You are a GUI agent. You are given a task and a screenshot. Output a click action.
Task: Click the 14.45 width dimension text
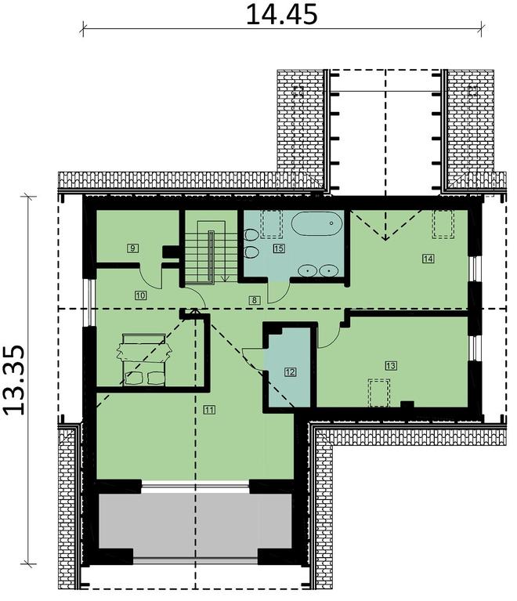[x=281, y=15]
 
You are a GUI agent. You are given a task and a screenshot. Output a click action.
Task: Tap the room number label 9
[x=133, y=248]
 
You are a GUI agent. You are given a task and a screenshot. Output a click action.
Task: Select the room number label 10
[x=140, y=295]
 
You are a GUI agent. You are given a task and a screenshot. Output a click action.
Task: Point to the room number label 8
[x=255, y=299]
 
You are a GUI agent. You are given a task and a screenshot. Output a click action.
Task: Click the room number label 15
[x=278, y=248]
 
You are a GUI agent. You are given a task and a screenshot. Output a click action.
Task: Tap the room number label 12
[x=290, y=372]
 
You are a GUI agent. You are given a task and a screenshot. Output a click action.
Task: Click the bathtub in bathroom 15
[x=317, y=225]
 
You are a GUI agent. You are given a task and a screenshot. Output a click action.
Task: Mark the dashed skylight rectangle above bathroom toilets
[x=272, y=224]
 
